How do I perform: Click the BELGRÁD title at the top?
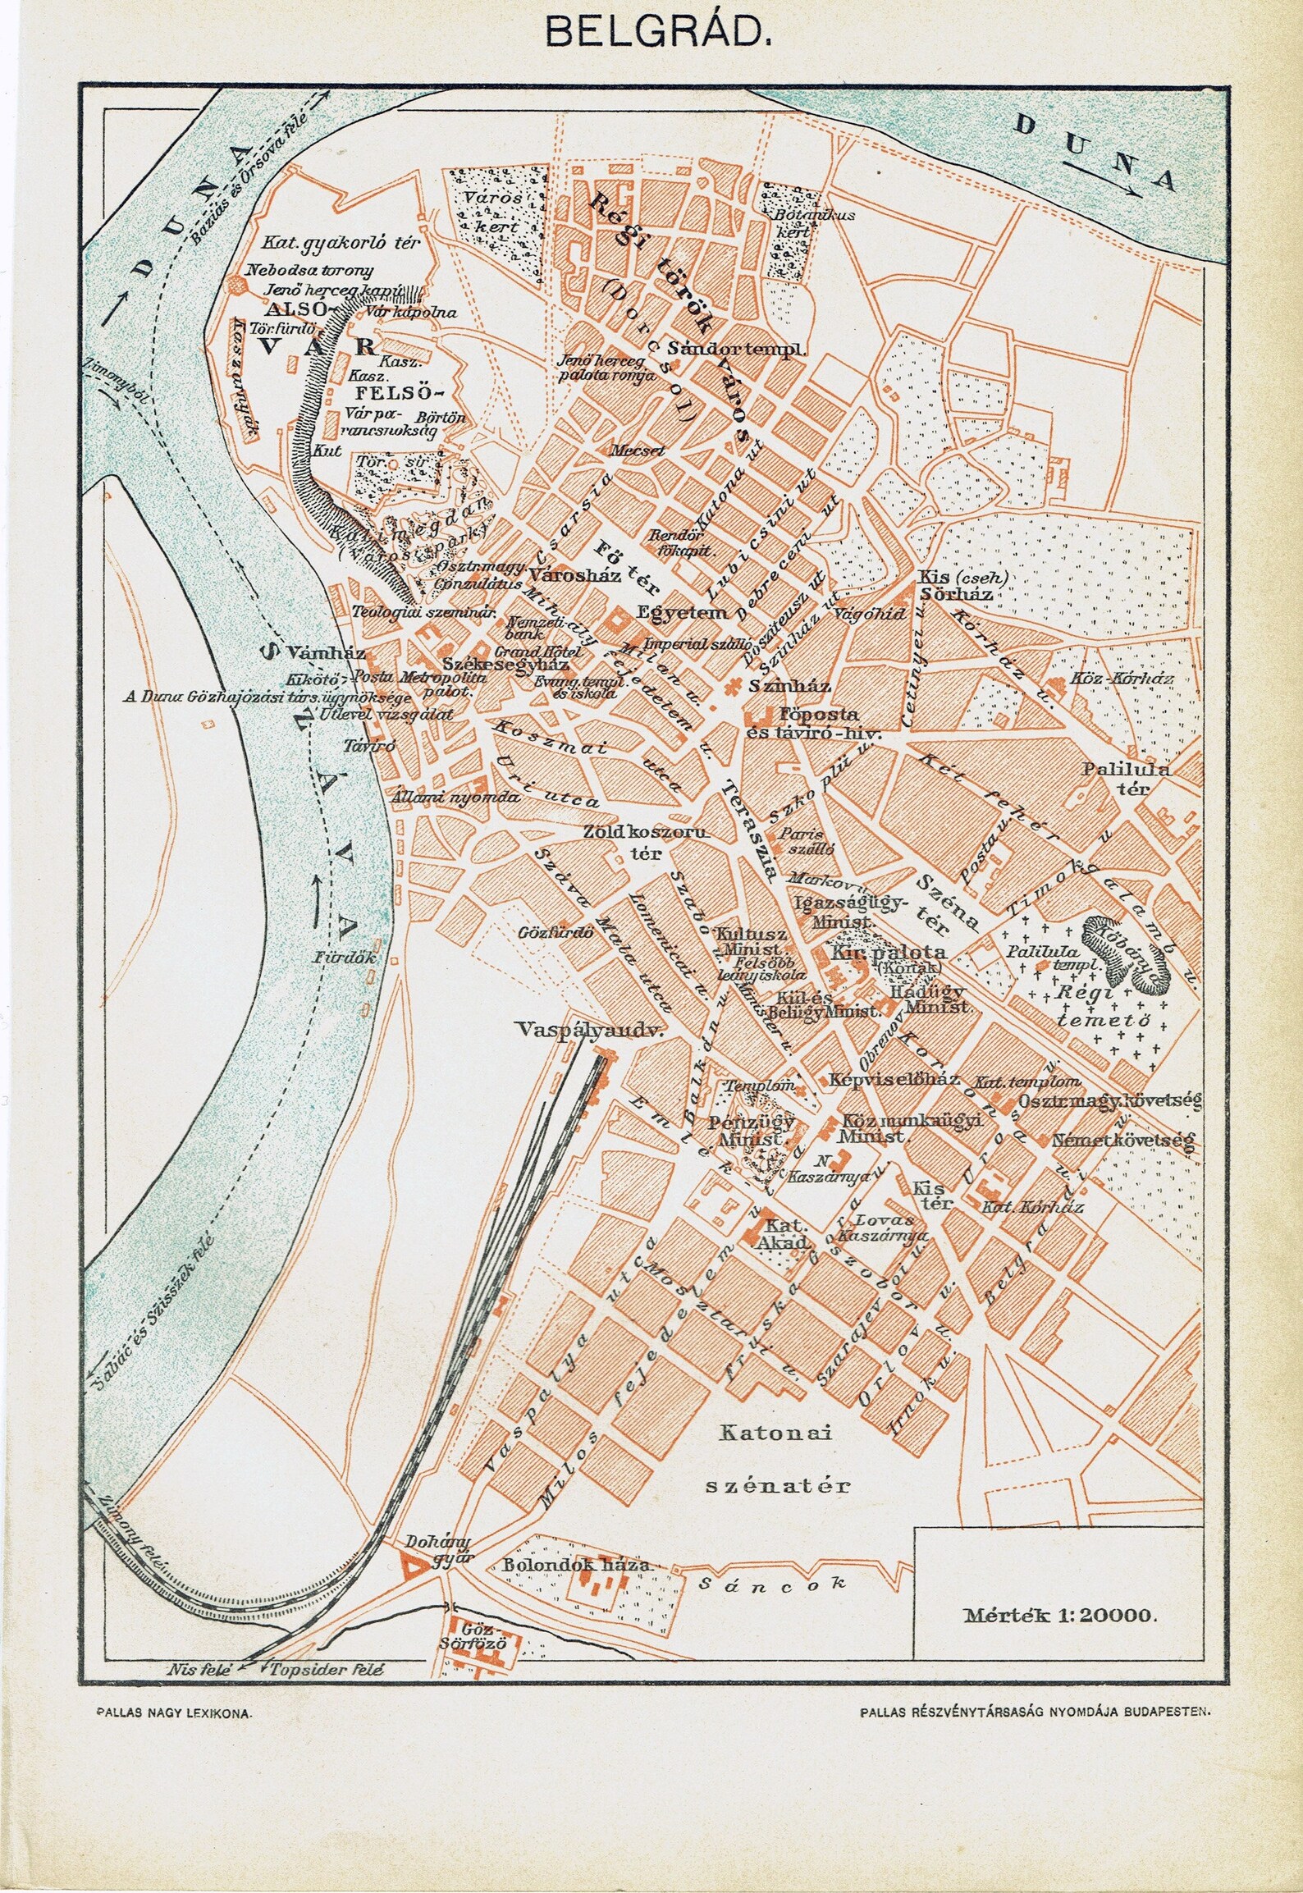point(651,34)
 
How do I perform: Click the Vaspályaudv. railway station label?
point(589,1028)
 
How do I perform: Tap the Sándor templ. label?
point(737,348)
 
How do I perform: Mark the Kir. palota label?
point(889,953)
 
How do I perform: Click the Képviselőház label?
point(893,1079)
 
